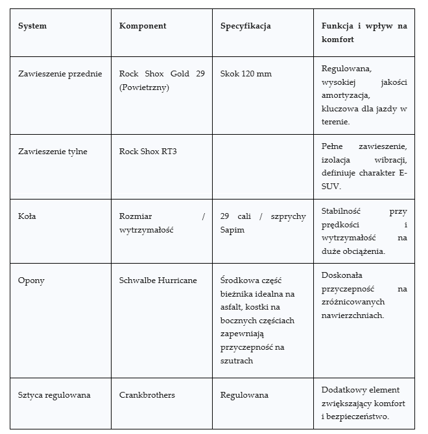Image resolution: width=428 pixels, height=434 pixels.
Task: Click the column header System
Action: (32, 26)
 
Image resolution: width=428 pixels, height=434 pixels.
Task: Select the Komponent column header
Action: (143, 26)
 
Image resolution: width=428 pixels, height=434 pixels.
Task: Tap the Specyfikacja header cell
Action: (246, 26)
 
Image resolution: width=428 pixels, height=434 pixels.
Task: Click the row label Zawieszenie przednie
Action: (60, 74)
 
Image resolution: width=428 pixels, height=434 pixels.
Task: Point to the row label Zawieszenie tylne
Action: (53, 152)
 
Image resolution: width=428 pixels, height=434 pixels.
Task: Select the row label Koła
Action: (27, 216)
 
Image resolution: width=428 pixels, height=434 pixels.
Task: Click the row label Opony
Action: (31, 280)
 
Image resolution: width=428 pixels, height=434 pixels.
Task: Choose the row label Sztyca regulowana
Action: (54, 394)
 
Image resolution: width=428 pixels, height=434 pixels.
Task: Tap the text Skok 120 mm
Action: (246, 74)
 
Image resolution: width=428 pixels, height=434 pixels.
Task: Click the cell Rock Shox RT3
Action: (148, 152)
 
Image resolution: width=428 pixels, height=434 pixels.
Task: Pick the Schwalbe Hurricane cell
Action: (158, 280)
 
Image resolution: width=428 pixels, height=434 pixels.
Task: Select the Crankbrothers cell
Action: (147, 394)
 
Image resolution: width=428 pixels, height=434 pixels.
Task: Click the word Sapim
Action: (232, 230)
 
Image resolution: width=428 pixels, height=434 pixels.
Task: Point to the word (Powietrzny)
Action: (144, 87)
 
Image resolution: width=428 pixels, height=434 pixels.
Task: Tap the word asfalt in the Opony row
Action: (233, 307)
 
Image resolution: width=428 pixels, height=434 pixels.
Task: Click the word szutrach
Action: (237, 360)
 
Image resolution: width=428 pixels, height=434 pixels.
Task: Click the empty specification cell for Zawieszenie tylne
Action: (263, 166)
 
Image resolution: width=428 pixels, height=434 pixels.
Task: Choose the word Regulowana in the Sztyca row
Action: (244, 394)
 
